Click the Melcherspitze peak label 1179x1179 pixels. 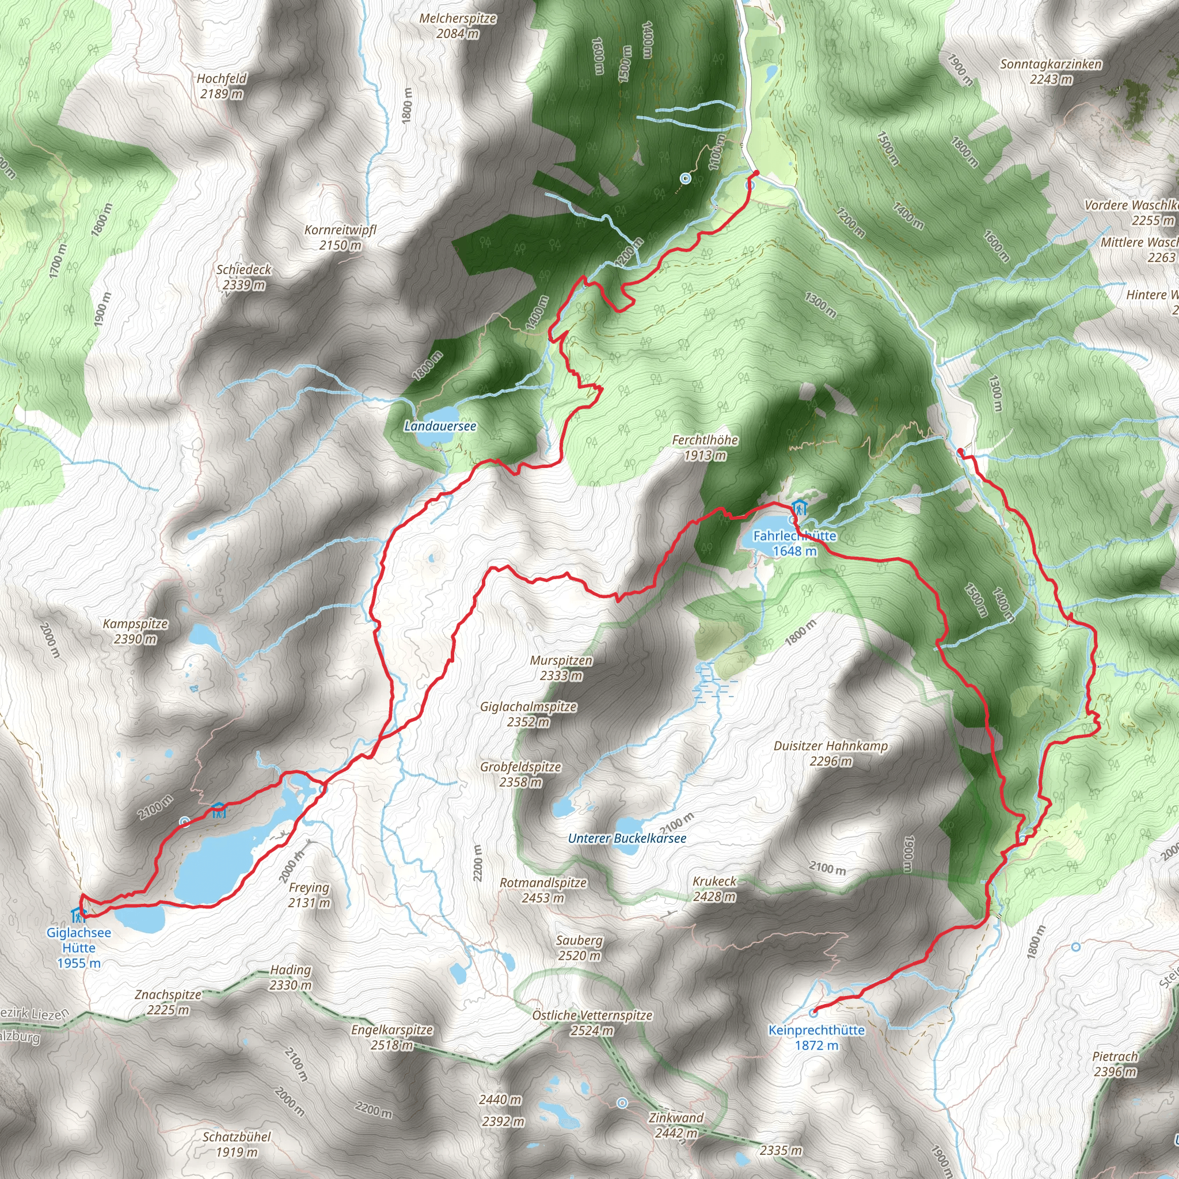(x=458, y=26)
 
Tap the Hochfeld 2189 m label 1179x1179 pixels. (x=222, y=85)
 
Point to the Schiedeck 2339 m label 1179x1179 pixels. (x=244, y=276)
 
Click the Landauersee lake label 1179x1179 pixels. (x=439, y=426)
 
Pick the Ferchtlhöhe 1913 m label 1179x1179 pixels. (x=705, y=447)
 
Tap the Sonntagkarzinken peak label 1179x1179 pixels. (x=1051, y=71)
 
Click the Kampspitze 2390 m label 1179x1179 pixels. (x=135, y=631)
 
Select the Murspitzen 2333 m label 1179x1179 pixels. (x=561, y=668)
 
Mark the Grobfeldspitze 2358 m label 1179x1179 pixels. (x=520, y=774)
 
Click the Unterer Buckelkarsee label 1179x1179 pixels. (x=627, y=838)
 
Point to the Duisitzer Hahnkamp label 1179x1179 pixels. (x=831, y=753)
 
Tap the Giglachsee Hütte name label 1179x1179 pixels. (x=79, y=947)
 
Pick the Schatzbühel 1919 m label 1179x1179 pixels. (x=237, y=1144)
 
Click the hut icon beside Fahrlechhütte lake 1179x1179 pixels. (x=800, y=507)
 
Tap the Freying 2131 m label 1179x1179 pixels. (x=309, y=895)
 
